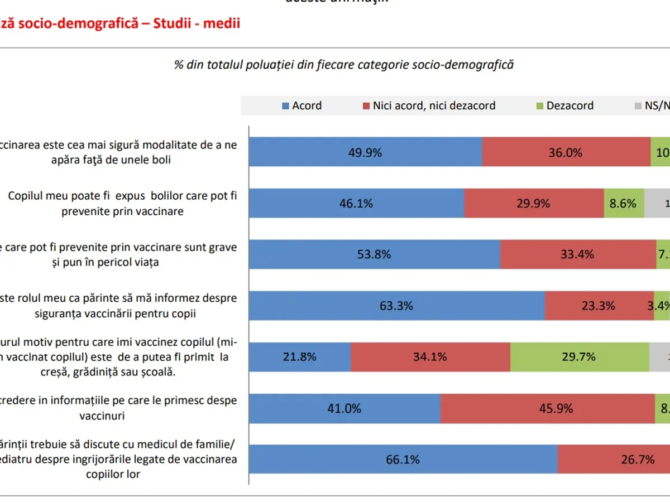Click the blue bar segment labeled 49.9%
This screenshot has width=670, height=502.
coord(366,152)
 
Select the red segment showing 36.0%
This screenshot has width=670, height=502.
coord(566,152)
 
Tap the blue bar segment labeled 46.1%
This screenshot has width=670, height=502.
coord(356,203)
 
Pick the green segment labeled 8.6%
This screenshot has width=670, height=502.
coord(624,203)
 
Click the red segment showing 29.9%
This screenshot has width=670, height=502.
coord(534,203)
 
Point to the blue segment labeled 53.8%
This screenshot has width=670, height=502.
coord(374,254)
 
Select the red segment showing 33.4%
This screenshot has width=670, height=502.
coord(578,254)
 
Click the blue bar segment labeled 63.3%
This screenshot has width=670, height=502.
coord(396,306)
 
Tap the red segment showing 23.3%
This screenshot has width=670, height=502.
coord(599,306)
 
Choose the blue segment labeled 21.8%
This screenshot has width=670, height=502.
coord(300,356)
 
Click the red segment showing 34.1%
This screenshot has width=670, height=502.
coord(430,356)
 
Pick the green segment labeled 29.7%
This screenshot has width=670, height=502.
coord(580,356)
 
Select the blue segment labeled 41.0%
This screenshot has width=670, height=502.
coord(344,408)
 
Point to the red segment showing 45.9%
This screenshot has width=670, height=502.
coord(547,408)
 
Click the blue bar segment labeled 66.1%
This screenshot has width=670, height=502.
coord(403,460)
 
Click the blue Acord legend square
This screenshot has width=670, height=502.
coord(286,106)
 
